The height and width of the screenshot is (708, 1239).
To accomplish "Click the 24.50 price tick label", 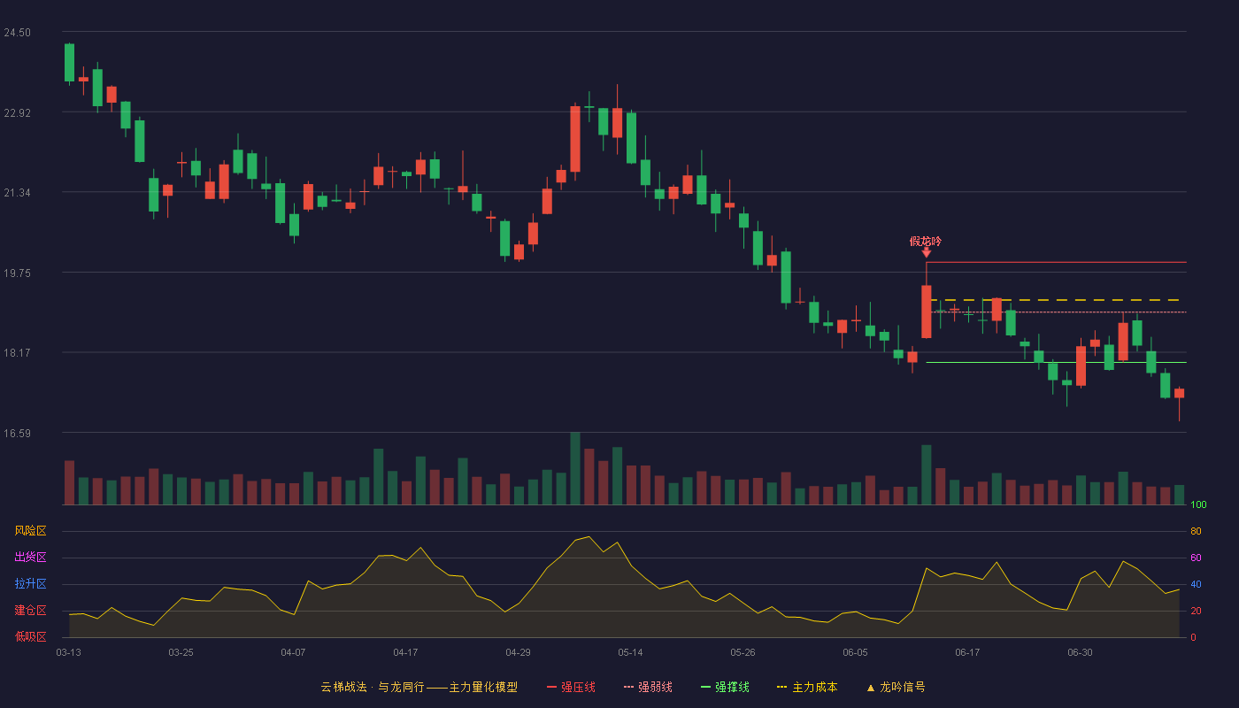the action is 17,33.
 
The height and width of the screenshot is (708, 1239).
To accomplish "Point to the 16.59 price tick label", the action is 17,433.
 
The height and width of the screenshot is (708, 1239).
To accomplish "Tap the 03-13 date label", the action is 69,653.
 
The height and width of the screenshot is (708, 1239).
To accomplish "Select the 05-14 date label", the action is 630,653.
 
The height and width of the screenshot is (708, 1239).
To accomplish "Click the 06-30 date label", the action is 1081,653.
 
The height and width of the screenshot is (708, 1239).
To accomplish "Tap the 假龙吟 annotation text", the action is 926,241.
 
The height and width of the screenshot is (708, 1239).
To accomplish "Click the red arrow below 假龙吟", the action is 927,253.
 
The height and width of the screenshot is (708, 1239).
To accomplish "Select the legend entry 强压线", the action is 572,687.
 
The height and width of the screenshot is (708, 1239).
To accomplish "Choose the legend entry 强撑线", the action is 725,687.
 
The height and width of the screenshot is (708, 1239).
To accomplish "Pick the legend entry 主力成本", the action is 807,687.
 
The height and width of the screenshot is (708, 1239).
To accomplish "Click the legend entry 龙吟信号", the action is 896,687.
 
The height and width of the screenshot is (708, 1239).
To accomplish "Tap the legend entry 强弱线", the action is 648,687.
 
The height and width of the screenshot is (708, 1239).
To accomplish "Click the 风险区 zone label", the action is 30,531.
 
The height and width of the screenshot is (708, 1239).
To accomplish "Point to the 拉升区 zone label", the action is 30,584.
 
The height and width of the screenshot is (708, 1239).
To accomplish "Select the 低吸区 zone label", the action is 30,637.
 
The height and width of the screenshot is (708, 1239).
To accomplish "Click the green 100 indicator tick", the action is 1198,504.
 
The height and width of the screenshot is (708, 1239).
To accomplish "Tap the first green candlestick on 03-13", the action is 69,63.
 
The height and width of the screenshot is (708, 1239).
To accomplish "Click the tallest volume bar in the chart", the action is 575,468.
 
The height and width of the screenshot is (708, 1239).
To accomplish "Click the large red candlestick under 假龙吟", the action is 927,312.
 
